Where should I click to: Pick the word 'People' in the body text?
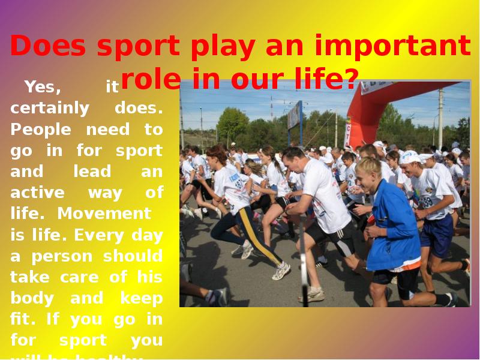[41, 130]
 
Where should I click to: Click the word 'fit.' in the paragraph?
[24, 319]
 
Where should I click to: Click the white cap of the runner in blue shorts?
[410, 158]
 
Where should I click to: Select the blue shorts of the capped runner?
[436, 235]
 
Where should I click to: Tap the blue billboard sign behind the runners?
[295, 116]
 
